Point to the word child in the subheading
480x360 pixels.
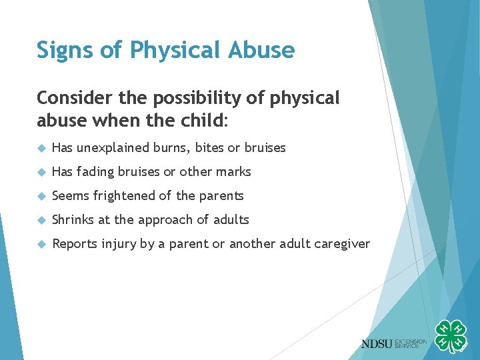(x=204, y=122)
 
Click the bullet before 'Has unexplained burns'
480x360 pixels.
(x=41, y=148)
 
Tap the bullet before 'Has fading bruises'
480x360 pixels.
(x=41, y=172)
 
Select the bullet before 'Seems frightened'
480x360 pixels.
(x=41, y=196)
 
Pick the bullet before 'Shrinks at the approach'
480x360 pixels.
(x=41, y=220)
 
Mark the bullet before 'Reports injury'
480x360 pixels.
(x=41, y=244)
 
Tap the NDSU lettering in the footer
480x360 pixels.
(x=377, y=344)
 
